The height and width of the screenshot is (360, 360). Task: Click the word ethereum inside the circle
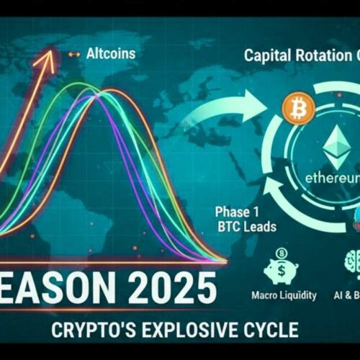(332, 177)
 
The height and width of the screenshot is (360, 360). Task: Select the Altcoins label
(110, 53)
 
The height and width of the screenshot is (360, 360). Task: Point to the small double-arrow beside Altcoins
(73, 54)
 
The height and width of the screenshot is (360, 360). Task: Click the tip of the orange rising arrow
(50, 50)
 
